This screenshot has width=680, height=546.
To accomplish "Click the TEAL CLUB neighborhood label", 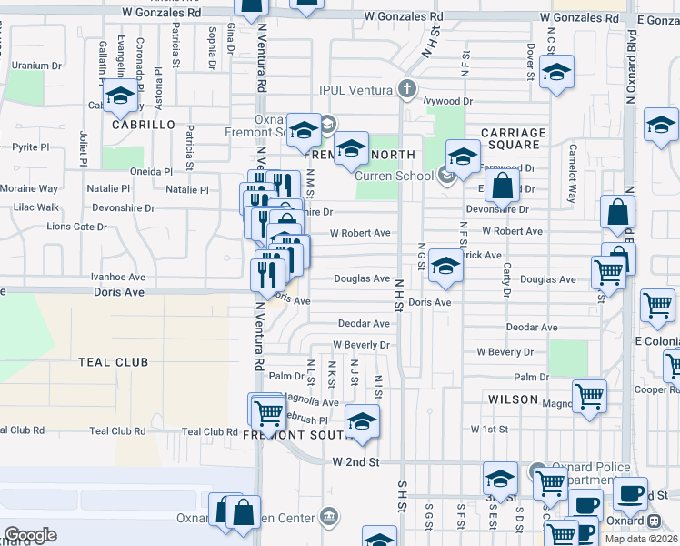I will point(113,362).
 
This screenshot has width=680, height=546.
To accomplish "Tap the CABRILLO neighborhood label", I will point(143,124).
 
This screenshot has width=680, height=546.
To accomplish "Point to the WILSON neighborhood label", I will point(514,399).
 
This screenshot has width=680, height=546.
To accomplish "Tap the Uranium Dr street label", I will point(36,66).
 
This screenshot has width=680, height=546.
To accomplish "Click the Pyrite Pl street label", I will point(31,147).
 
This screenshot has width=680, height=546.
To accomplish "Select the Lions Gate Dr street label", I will point(76,227).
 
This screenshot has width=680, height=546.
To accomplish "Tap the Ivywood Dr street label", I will point(448,101).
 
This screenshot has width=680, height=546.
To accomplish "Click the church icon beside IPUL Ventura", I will point(408,89).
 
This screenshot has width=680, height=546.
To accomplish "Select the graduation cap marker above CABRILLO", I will point(119,94).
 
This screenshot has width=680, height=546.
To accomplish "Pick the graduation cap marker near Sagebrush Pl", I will point(362,422).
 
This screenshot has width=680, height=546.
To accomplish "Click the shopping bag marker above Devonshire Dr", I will point(501,187).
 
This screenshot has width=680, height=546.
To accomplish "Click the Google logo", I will point(30,535).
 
